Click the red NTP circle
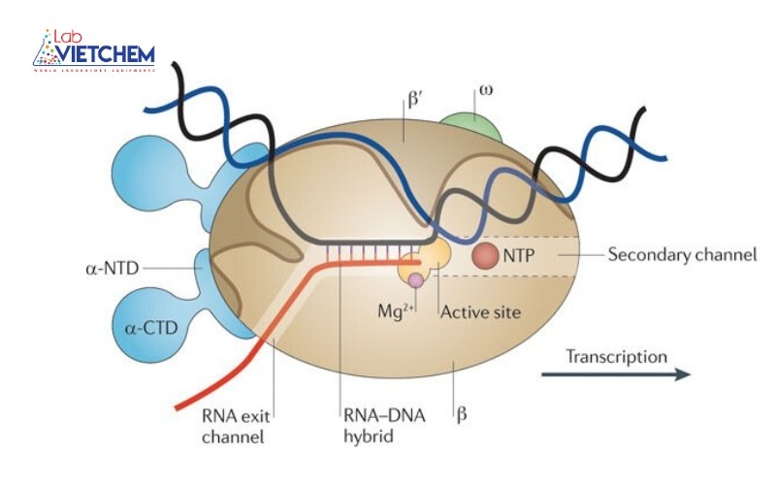pos(486,256)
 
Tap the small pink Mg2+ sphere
pos(416,280)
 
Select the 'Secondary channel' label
pos(681,256)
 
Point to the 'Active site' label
pos(481,312)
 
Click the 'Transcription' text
pos(618,356)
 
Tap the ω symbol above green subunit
pos(483,93)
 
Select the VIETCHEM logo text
pos(107,52)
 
